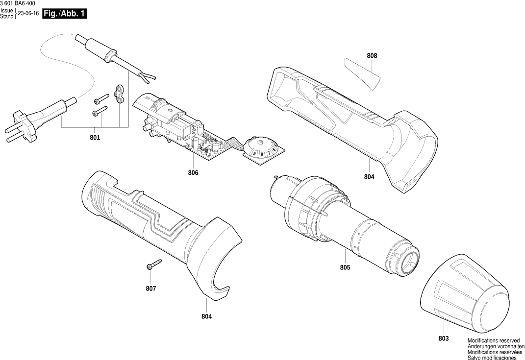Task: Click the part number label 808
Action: [372, 56]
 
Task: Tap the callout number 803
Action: [443, 338]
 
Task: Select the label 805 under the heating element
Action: [345, 268]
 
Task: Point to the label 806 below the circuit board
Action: [193, 173]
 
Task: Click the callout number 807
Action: [151, 288]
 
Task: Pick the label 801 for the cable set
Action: [95, 138]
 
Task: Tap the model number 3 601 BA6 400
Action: [18, 3]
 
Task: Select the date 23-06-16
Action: [28, 14]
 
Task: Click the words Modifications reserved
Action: [493, 340]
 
